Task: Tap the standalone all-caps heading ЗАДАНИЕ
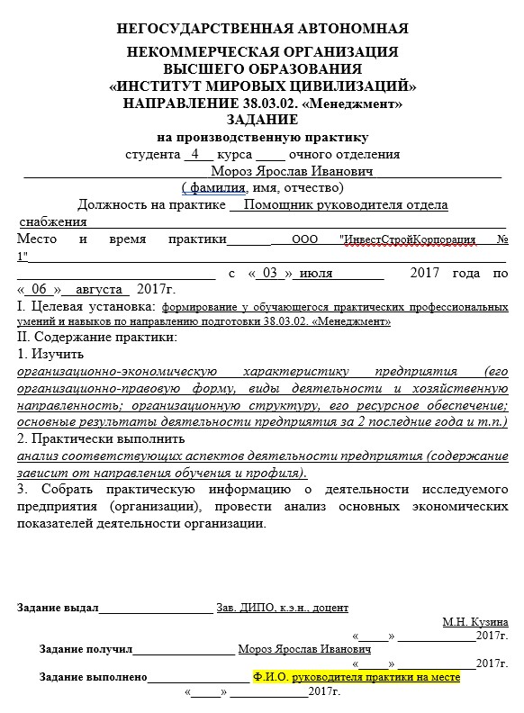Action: (x=262, y=121)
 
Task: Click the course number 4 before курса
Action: (x=194, y=154)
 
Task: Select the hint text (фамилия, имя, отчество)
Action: (x=262, y=187)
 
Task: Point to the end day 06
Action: (x=39, y=289)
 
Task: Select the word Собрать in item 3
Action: (x=65, y=489)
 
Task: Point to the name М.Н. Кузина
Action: (x=474, y=622)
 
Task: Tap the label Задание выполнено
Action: (x=94, y=676)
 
